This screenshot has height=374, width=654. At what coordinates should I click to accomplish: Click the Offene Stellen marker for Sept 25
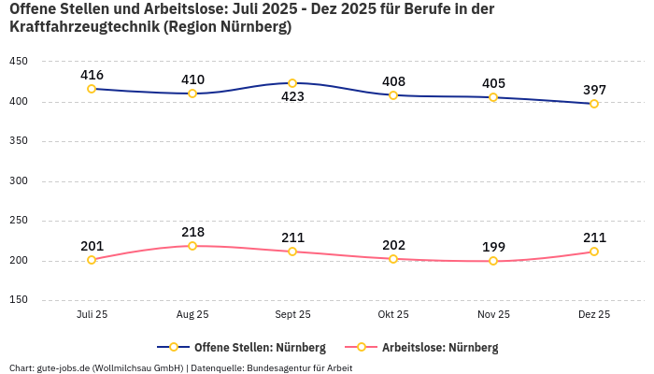point(292,83)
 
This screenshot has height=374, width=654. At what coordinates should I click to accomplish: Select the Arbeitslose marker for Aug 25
point(192,246)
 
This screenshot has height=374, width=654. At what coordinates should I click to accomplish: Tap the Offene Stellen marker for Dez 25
point(594,104)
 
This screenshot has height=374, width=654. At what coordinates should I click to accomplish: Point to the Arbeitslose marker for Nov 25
point(493,261)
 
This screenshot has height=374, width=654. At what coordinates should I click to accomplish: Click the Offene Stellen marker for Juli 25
point(92,89)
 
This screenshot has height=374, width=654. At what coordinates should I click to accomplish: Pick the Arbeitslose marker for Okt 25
point(393,259)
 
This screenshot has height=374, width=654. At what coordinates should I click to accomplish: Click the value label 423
point(293,102)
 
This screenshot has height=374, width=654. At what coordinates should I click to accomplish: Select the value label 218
point(192,231)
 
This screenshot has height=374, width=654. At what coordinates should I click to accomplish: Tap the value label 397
point(594,90)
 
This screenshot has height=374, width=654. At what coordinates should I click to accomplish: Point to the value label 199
point(493,247)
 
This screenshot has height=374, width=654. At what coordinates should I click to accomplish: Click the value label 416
point(92,75)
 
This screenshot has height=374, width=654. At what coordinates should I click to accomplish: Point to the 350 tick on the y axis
point(19,141)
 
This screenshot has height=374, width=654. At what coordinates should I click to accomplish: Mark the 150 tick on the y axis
point(19,300)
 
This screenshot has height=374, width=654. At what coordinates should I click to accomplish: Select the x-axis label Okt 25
point(393,314)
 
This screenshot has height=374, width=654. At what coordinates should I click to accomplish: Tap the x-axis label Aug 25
point(192,314)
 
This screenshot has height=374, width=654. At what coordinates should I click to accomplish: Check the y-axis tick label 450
point(19,61)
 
